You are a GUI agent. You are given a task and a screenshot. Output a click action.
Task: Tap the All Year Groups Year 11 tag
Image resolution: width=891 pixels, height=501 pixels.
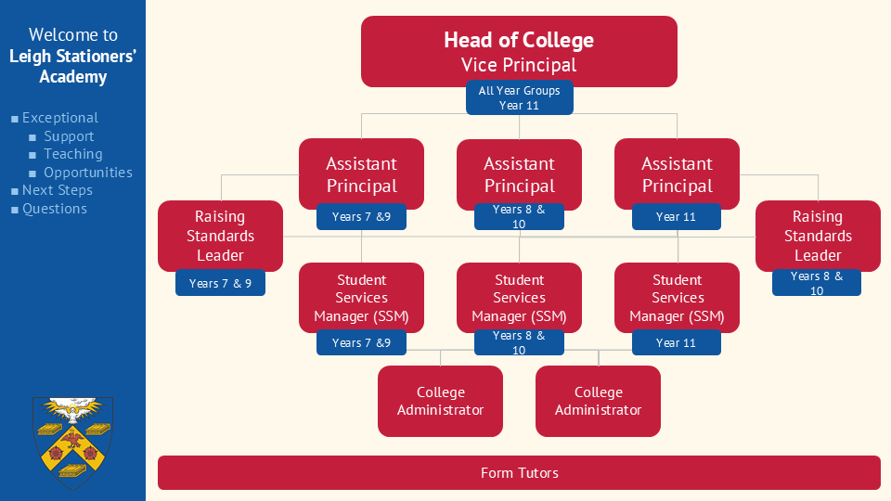519,98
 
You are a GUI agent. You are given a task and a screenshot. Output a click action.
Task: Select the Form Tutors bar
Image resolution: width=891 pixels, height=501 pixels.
519,473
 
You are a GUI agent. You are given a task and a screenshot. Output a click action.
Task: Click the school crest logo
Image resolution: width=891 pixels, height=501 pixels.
72,443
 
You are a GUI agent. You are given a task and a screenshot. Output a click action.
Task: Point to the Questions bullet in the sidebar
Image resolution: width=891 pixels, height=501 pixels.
55,209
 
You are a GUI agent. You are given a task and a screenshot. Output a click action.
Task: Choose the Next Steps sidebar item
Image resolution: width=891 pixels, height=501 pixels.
57,190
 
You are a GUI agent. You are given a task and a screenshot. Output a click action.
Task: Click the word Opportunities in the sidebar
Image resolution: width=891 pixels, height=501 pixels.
88,173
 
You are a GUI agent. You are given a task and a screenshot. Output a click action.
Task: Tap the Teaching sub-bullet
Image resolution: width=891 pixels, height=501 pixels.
73,154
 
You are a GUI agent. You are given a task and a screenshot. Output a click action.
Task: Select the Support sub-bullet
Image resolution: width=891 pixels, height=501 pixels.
69,136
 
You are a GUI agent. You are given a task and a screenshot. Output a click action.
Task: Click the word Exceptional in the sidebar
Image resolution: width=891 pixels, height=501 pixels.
60,118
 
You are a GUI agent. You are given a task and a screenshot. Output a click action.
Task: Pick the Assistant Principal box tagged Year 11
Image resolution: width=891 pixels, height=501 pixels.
677,173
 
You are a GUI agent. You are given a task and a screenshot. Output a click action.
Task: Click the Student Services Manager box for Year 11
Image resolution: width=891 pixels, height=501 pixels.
677,297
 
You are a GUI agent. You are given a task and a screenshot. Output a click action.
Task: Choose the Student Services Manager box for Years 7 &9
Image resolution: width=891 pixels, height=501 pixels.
361,297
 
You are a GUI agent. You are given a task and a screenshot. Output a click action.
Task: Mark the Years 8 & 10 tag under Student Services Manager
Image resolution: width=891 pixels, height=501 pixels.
519,342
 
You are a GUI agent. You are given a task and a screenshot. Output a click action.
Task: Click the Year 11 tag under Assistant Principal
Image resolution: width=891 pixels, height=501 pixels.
677,217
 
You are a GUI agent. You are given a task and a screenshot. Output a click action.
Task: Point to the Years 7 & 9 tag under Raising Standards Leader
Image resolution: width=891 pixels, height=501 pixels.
220,283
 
